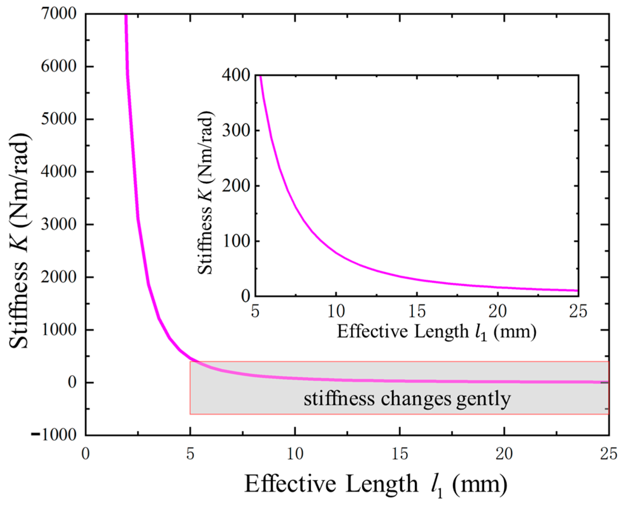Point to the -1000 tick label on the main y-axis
click(x=54, y=435)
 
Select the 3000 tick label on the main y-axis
click(x=59, y=225)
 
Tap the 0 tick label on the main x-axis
click(x=85, y=454)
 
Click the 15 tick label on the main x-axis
click(x=400, y=454)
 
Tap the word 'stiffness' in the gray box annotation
click(x=339, y=399)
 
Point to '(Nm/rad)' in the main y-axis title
click(x=20, y=180)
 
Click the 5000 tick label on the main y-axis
click(x=59, y=119)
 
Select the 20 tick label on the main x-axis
click(x=504, y=454)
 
